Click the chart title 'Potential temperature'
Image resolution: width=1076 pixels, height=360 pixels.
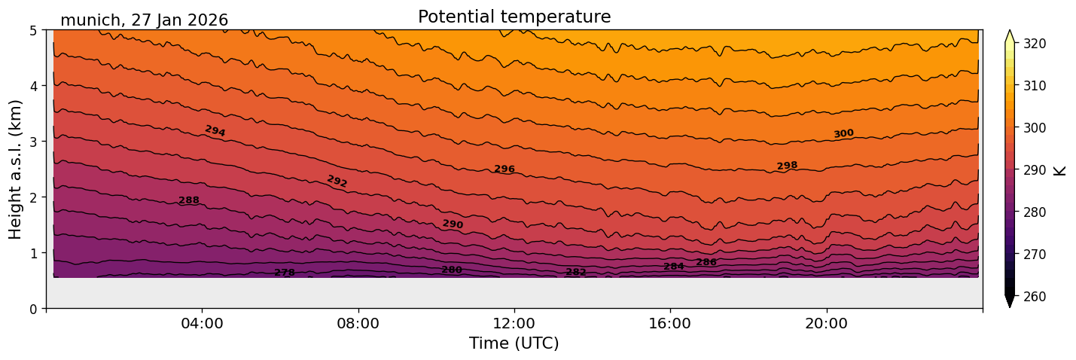tap(514, 17)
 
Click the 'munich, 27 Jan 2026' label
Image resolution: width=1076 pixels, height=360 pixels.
tap(144, 20)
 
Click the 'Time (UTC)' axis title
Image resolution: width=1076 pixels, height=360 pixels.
tap(514, 343)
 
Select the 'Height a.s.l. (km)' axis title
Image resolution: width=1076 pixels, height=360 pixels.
tap(16, 169)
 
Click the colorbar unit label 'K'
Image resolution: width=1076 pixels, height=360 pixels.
tap(1060, 170)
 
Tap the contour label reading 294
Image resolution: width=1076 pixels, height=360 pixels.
tap(215, 131)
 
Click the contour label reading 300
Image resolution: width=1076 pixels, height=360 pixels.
tap(843, 134)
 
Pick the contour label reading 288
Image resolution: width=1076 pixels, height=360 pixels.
tap(189, 200)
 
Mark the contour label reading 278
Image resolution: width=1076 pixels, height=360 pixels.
tap(285, 273)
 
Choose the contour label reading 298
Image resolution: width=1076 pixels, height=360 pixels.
tap(787, 166)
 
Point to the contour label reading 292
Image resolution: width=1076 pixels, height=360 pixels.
tap(337, 182)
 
